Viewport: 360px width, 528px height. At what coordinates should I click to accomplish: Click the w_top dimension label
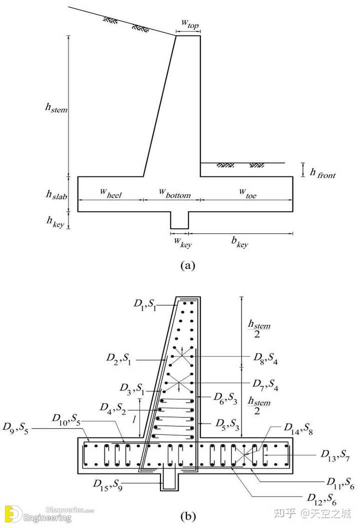[x=188, y=25]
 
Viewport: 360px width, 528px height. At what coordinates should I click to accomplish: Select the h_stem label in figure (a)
[x=56, y=107]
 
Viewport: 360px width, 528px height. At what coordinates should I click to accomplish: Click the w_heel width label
[x=110, y=194]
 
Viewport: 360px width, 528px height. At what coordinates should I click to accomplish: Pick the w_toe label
[x=247, y=194]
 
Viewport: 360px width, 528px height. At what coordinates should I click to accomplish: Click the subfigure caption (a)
[x=187, y=266]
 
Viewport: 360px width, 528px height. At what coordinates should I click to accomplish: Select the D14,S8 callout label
[x=298, y=427]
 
